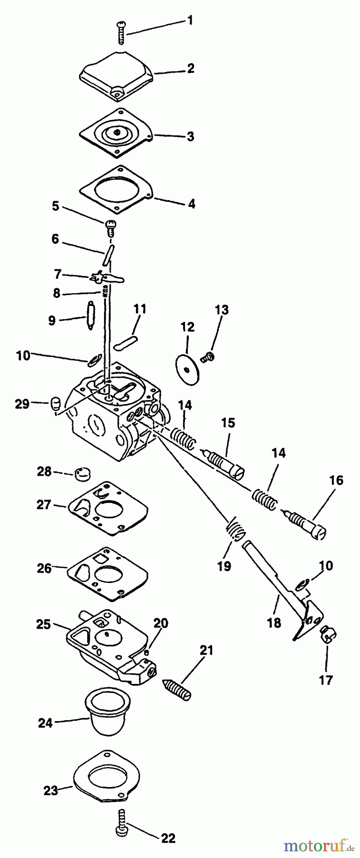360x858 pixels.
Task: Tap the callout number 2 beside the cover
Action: click(190, 68)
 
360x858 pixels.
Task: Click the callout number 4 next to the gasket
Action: click(191, 204)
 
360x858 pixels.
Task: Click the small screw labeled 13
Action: click(208, 356)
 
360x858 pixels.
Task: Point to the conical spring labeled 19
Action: click(233, 529)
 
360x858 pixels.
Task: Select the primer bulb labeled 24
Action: click(102, 715)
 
